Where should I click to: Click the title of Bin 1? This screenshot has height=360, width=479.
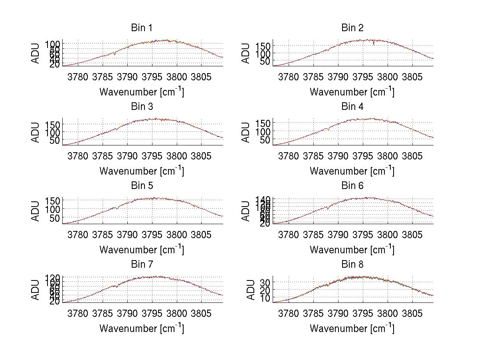click(x=142, y=28)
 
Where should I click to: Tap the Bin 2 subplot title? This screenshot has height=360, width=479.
click(x=352, y=28)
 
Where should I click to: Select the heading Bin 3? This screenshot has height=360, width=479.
click(x=142, y=107)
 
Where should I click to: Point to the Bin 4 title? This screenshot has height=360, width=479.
click(x=352, y=107)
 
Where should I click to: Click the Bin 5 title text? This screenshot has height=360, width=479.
click(x=142, y=186)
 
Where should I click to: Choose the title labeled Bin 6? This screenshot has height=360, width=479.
click(x=352, y=186)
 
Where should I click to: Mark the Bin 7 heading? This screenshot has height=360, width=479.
click(x=142, y=265)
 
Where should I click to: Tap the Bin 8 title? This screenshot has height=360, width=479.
click(x=352, y=265)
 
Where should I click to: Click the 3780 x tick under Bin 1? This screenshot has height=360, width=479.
click(x=78, y=77)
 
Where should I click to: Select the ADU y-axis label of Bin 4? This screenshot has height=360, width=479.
click(x=246, y=132)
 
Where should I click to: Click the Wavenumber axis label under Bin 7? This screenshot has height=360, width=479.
click(x=142, y=328)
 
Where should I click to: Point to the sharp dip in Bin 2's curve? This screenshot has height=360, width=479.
click(x=374, y=44)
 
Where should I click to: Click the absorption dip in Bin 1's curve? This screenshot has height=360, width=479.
click(x=115, y=54)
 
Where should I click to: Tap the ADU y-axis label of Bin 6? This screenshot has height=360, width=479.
click(x=246, y=211)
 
